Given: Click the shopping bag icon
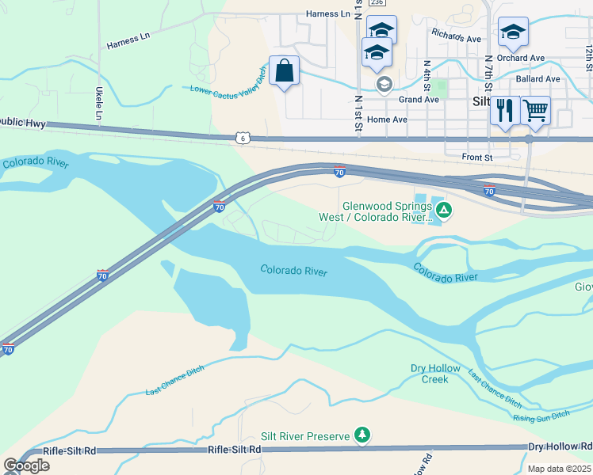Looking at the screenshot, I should [x=285, y=71].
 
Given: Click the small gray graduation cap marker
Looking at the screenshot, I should [x=384, y=84].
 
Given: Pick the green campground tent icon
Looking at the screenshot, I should [x=445, y=210].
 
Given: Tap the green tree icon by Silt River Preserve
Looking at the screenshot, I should [x=362, y=435].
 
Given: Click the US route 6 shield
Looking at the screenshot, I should [x=242, y=139].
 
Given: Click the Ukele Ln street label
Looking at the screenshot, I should [x=100, y=104].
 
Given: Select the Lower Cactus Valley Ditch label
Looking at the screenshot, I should [x=228, y=80].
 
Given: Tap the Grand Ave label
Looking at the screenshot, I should [x=419, y=100].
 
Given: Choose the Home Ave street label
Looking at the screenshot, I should [x=387, y=120].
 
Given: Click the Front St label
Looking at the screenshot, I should [x=478, y=158].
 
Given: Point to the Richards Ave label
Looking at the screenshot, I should [x=456, y=36].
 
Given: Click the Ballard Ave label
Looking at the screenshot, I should [x=538, y=79].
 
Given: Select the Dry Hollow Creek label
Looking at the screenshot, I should [x=429, y=374].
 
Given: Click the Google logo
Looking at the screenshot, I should [x=26, y=465].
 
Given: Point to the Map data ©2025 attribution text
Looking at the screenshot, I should [x=559, y=469].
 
